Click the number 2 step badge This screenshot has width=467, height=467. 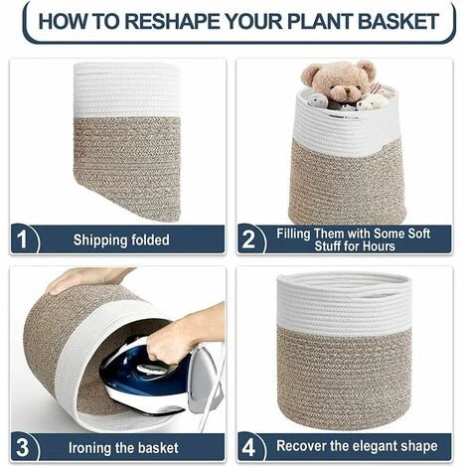tap(249, 239)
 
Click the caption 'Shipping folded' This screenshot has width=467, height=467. tap(120, 239)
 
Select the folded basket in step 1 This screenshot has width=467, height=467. tap(127, 139)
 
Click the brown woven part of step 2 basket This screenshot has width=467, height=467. tap(347, 179)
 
